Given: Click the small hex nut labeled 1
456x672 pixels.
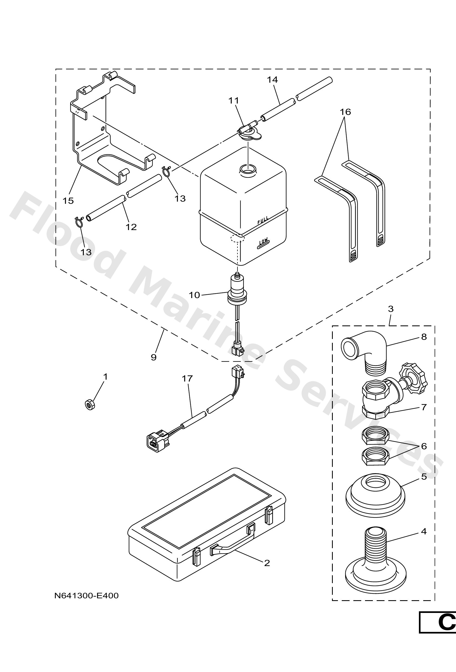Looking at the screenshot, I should (90, 405).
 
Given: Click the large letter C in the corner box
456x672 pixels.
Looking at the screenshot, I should (447, 622).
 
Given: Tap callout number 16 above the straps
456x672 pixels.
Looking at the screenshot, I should (345, 112).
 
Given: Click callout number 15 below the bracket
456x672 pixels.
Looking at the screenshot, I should (68, 201).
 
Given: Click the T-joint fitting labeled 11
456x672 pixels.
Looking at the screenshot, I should (248, 130).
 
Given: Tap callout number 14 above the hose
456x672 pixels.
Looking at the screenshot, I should (272, 79).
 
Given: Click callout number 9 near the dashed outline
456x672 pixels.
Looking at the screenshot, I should (154, 357).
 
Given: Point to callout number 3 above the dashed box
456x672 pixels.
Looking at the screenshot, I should (390, 309).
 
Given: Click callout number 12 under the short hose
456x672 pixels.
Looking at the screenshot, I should (131, 227).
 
